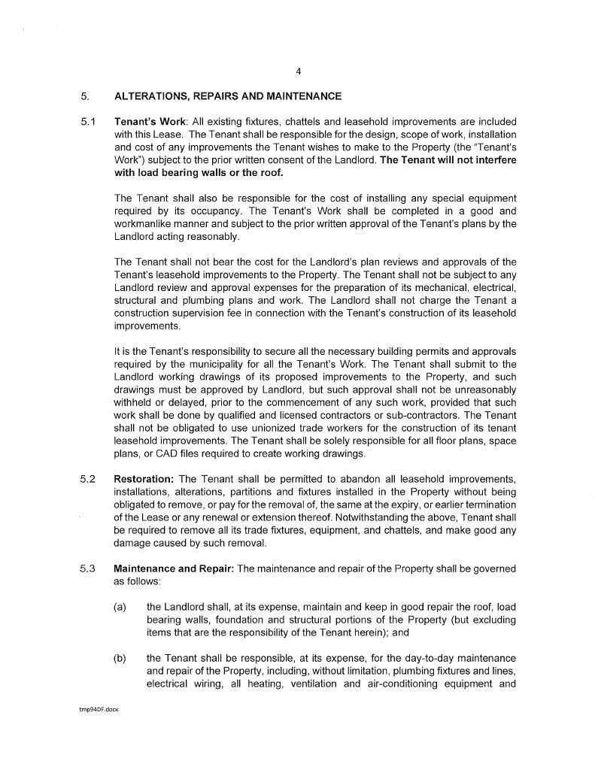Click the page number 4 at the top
click(x=299, y=71)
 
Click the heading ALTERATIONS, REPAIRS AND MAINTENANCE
click(x=227, y=96)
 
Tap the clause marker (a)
click(x=120, y=607)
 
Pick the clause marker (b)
click(x=120, y=658)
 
